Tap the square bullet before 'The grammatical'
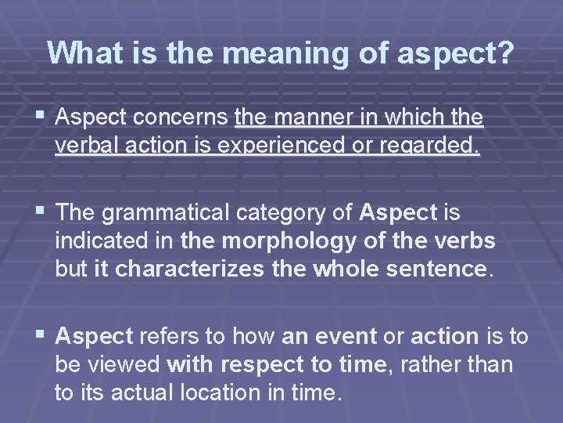pos(38,211)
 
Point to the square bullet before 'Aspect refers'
pos(38,335)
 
